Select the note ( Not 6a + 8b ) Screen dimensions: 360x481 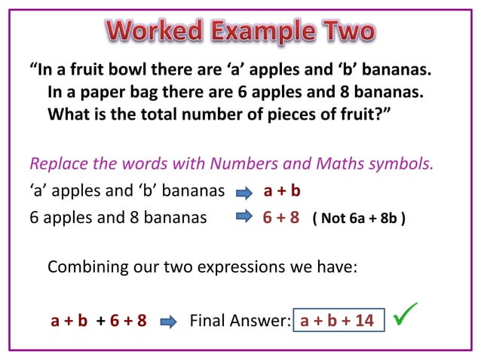coord(359,221)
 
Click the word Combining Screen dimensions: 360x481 coord(87,267)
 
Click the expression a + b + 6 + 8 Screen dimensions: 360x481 coord(98,322)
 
